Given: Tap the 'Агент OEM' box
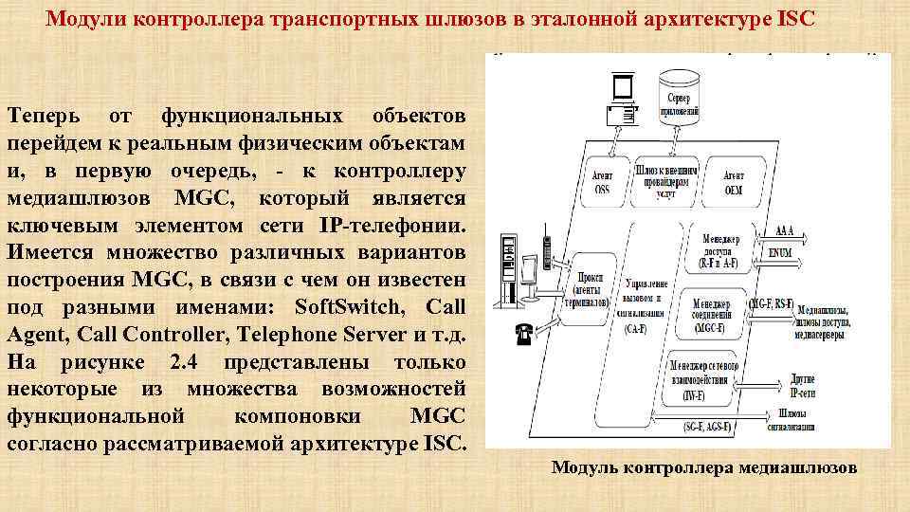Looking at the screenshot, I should pyautogui.click(x=734, y=182).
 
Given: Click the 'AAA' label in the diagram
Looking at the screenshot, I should pyautogui.click(x=784, y=230).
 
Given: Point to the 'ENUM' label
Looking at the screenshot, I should pyautogui.click(x=781, y=253).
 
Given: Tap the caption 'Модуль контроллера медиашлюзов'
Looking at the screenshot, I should pyautogui.click(x=704, y=467).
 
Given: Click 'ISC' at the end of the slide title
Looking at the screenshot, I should pyautogui.click(x=795, y=19).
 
